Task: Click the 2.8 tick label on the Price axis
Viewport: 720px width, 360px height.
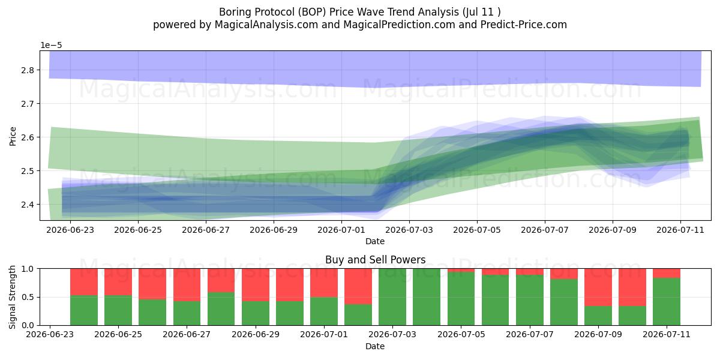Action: coord(28,70)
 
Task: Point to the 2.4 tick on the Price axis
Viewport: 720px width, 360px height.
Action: coord(28,205)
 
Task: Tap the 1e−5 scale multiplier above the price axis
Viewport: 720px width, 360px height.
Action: coord(51,46)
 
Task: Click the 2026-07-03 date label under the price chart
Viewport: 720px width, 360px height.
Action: coord(409,230)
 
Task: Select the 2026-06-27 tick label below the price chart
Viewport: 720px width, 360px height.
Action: coord(206,230)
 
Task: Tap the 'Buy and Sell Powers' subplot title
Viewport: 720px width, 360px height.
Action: coord(376,260)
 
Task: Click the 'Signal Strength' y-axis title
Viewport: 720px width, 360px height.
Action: coord(12,297)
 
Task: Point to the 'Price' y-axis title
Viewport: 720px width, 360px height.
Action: coord(13,136)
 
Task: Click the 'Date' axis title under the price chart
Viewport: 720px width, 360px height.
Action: coord(375,241)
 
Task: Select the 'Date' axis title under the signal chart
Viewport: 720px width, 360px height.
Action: coord(375,346)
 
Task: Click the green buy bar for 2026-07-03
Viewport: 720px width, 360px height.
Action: coord(392,297)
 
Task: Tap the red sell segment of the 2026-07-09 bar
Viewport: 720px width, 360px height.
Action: coord(598,287)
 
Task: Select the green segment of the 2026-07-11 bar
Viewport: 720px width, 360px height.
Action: coord(667,301)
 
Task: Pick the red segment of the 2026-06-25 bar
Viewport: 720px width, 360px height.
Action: coord(118,282)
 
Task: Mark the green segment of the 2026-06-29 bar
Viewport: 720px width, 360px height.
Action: coord(256,313)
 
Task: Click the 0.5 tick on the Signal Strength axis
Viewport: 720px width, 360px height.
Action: coord(28,297)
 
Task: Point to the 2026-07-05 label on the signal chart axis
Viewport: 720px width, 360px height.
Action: coord(461,335)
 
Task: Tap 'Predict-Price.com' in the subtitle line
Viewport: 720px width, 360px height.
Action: coord(524,25)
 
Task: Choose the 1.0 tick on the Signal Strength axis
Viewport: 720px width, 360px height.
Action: coord(28,269)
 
